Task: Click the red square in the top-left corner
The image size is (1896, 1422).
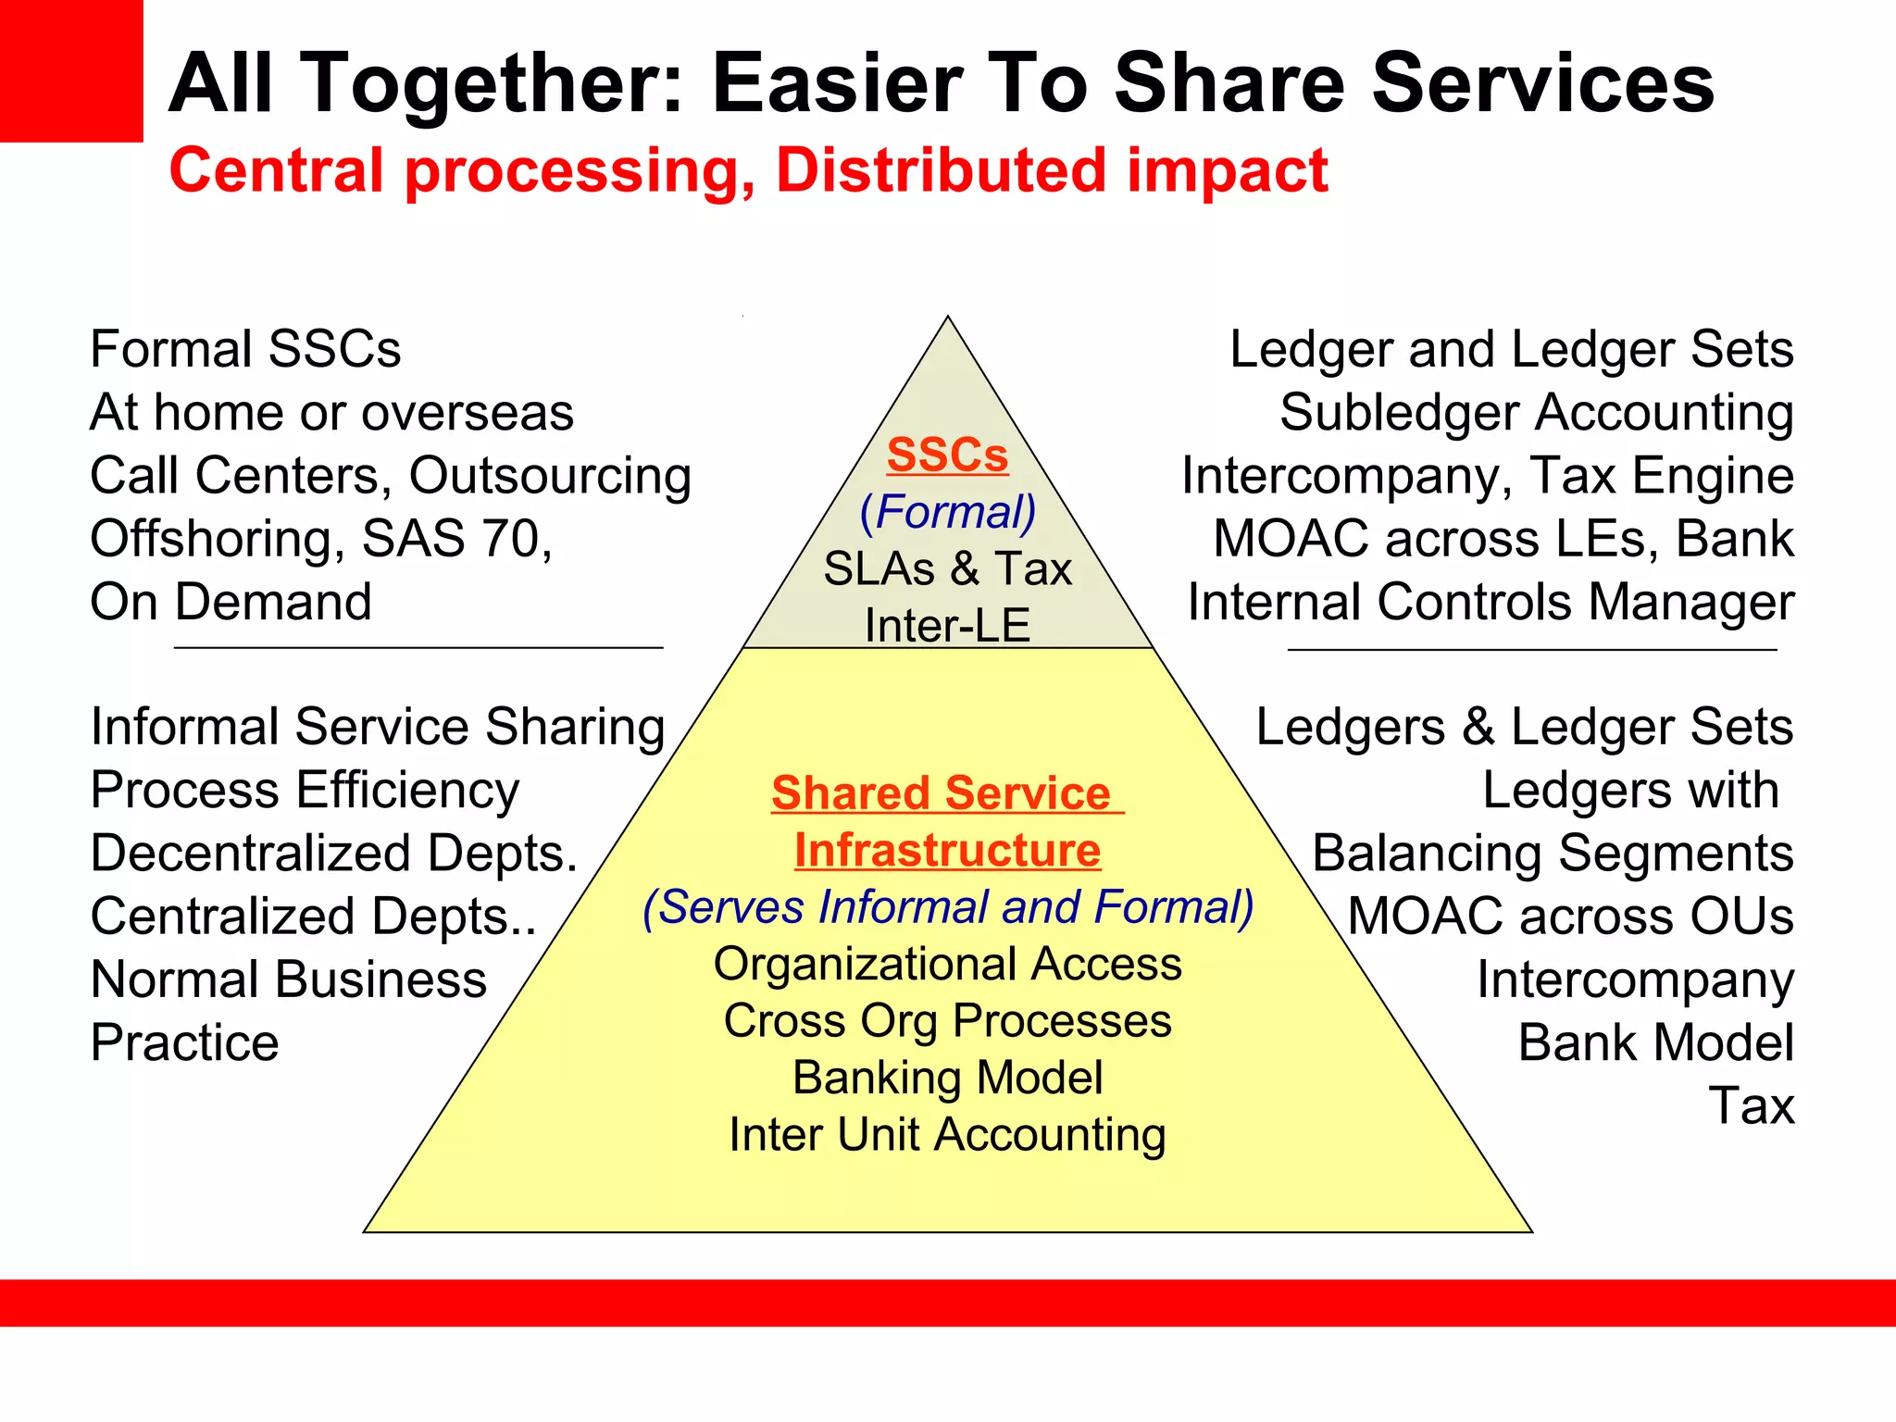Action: [x=70, y=70]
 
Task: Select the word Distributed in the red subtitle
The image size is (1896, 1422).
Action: [x=941, y=171]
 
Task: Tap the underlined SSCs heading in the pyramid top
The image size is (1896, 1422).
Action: [x=947, y=455]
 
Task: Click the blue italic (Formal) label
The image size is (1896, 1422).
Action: [x=948, y=512]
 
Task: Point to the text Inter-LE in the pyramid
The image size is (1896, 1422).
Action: [x=947, y=626]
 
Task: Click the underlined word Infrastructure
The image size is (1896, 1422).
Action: [x=947, y=850]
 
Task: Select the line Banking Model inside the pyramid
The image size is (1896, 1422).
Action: [x=947, y=1078]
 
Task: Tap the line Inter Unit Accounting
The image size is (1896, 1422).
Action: [x=947, y=1135]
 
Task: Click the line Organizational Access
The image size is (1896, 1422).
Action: [x=947, y=964]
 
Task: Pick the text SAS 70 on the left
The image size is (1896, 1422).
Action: [x=455, y=539]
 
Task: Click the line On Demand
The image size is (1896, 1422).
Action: [x=231, y=602]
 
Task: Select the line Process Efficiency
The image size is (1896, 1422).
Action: [x=305, y=791]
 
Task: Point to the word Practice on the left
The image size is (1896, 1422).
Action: [x=184, y=1043]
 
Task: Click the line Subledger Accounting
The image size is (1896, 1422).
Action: [x=1536, y=413]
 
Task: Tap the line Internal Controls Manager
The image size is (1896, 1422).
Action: [x=1491, y=602]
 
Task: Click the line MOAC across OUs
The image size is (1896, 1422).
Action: [x=1570, y=917]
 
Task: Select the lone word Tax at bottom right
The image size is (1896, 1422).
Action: [x=1751, y=1105]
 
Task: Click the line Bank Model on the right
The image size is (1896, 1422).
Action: [x=1655, y=1043]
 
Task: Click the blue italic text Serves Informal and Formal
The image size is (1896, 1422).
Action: [x=947, y=907]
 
